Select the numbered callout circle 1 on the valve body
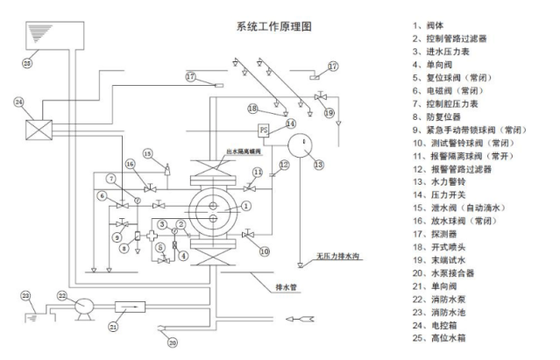(247, 206)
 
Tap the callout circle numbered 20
(172, 342)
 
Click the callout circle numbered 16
(129, 165)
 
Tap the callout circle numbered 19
(329, 112)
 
